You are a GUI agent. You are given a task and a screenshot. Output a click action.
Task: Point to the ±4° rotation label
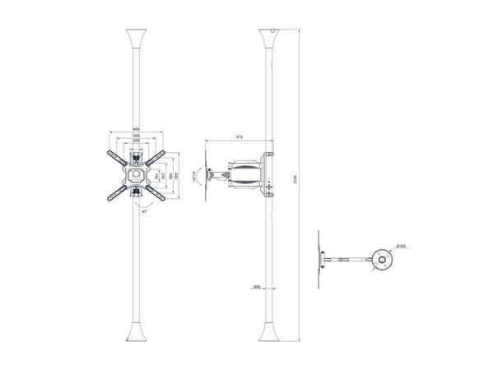(145, 211)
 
